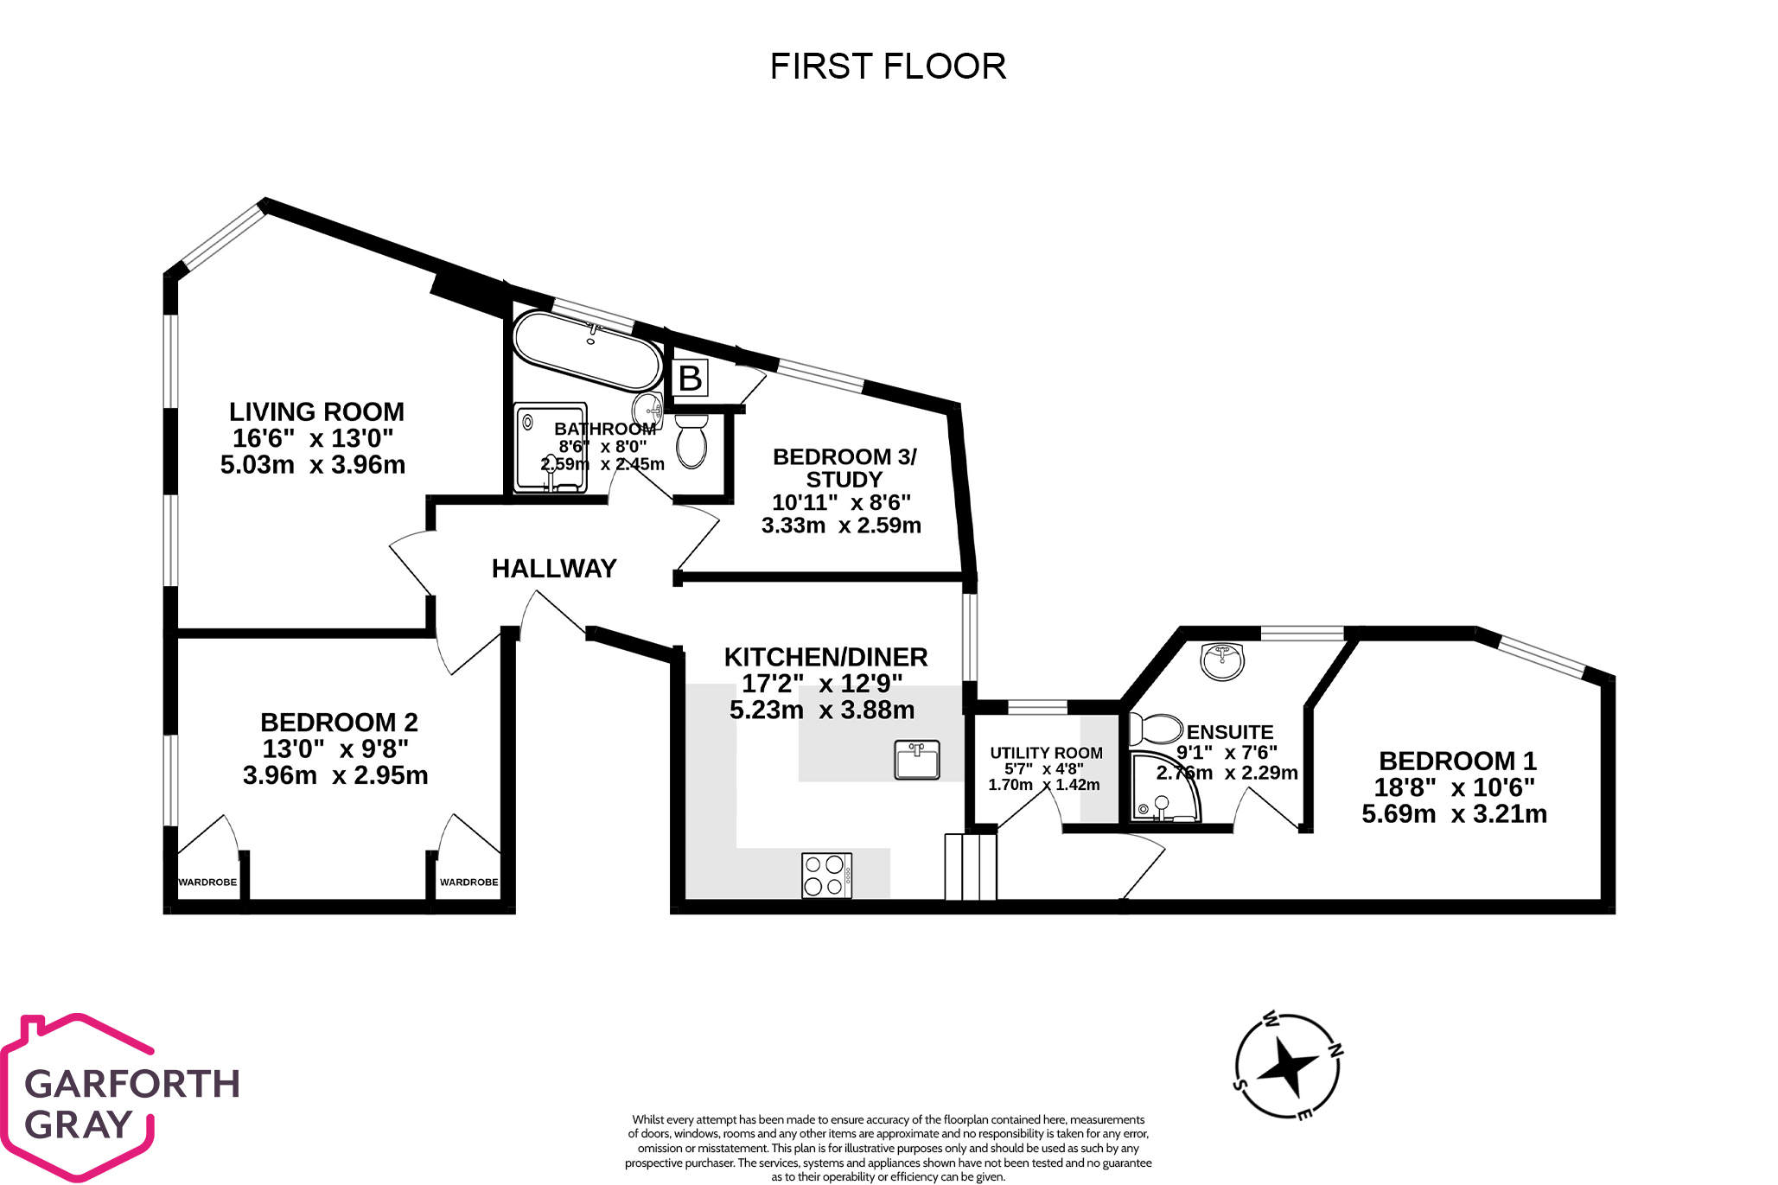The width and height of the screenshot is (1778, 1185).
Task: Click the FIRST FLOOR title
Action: pyautogui.click(x=888, y=67)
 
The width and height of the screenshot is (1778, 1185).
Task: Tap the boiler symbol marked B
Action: pyautogui.click(x=690, y=379)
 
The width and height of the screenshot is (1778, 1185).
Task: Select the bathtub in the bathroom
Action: pyautogui.click(x=587, y=350)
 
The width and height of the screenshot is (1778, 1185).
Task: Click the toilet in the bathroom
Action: pyautogui.click(x=691, y=441)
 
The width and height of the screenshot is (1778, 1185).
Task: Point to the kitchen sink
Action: pyautogui.click(x=916, y=761)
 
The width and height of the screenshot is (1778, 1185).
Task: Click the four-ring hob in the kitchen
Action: pyautogui.click(x=826, y=876)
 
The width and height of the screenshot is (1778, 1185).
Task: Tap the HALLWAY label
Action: pyautogui.click(x=554, y=569)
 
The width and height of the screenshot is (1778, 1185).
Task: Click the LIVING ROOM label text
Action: pyautogui.click(x=316, y=411)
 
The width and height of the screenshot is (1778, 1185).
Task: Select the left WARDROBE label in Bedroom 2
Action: pyautogui.click(x=207, y=882)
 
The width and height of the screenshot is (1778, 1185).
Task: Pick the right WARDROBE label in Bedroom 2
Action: pyautogui.click(x=468, y=882)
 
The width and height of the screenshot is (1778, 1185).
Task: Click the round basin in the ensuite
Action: pyautogui.click(x=1222, y=661)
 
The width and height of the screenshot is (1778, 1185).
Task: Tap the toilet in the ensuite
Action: pyautogui.click(x=1155, y=729)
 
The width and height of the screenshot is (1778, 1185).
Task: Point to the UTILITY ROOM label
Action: pyautogui.click(x=1046, y=753)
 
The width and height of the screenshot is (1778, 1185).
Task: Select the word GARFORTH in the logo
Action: pyautogui.click(x=132, y=1084)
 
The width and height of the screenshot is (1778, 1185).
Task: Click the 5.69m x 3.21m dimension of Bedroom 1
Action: pyautogui.click(x=1454, y=814)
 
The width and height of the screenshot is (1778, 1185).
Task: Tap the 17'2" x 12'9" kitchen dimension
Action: pyautogui.click(x=822, y=684)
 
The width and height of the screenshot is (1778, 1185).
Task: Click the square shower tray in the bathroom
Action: pyautogui.click(x=551, y=448)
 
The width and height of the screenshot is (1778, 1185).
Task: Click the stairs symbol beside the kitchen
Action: pyautogui.click(x=971, y=867)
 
